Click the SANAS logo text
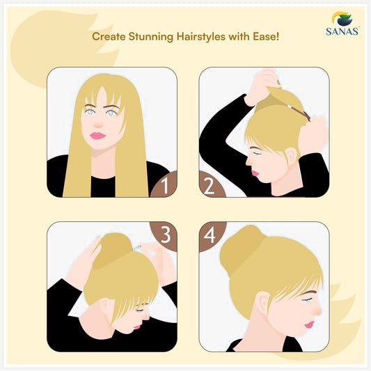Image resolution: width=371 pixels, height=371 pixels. tap(342, 31)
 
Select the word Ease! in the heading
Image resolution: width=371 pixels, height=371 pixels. tap(266, 36)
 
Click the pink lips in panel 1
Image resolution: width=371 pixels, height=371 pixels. tap(97, 136)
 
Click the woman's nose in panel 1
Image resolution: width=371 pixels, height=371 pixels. tap(97, 125)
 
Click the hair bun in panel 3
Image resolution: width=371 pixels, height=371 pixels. tap(112, 250)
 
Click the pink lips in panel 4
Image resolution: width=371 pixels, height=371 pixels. tap(309, 324)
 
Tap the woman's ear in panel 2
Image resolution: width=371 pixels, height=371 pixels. tap(292, 155)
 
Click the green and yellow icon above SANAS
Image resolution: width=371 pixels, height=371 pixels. tap(342, 19)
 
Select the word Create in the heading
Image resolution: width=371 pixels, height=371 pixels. tap(109, 37)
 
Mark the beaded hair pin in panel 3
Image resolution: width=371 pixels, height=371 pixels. tap(136, 248)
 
